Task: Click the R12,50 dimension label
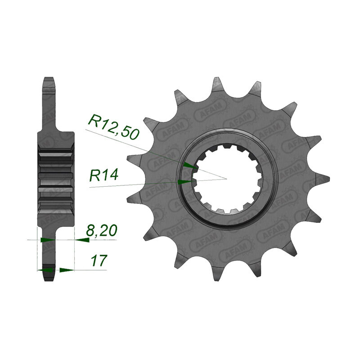(x=114, y=127)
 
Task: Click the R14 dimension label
(x=103, y=175)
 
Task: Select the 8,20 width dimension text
(x=102, y=230)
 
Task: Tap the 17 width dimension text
(x=99, y=261)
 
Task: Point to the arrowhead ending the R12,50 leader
(x=190, y=166)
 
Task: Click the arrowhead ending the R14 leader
(x=185, y=182)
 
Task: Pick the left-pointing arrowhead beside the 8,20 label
(x=82, y=240)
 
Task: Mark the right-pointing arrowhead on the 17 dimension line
(x=67, y=270)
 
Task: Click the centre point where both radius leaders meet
(x=227, y=179)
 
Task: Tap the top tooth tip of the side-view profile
(x=49, y=77)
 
